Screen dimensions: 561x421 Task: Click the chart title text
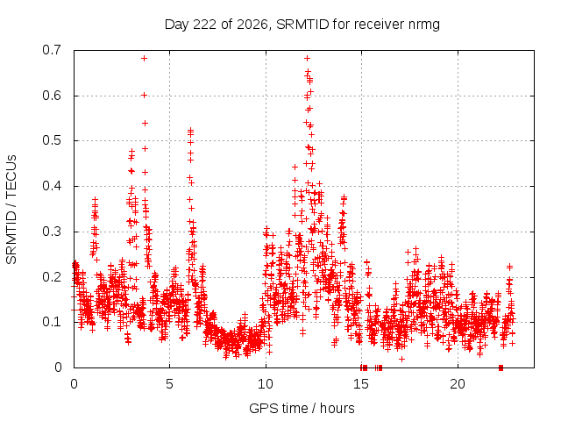[302, 25]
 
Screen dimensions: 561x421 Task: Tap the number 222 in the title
[204, 25]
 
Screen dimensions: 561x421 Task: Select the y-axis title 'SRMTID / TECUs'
[11, 210]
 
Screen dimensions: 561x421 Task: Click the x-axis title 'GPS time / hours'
[302, 408]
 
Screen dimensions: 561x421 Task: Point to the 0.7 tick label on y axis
[52, 50]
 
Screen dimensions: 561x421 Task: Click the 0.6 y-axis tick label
[52, 96]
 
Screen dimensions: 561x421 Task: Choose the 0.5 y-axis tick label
[52, 140]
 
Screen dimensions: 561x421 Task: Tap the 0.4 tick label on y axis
[52, 186]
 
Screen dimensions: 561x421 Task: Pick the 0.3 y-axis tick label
[52, 232]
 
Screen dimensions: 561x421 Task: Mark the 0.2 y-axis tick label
[52, 277]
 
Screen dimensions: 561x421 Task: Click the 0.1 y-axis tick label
[52, 322]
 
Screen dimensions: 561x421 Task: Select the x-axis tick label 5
[169, 384]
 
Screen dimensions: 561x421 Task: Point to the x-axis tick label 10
[265, 384]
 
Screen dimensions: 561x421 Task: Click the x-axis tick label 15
[361, 384]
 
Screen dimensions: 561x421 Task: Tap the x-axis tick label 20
[458, 384]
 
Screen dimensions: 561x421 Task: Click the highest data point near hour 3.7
[144, 59]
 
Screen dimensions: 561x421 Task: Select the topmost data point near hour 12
[307, 59]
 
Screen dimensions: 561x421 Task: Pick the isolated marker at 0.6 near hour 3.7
[144, 96]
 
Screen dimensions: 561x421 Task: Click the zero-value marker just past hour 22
[501, 367]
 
